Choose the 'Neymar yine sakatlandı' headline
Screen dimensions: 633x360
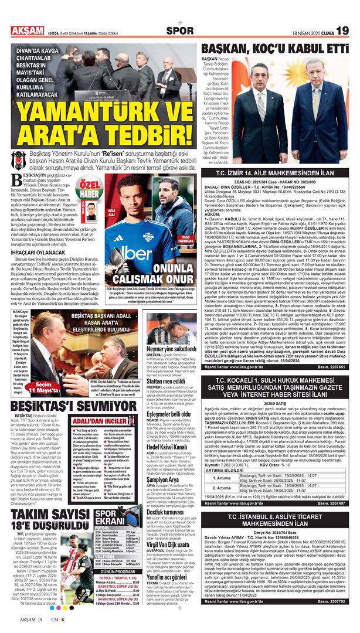171,348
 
